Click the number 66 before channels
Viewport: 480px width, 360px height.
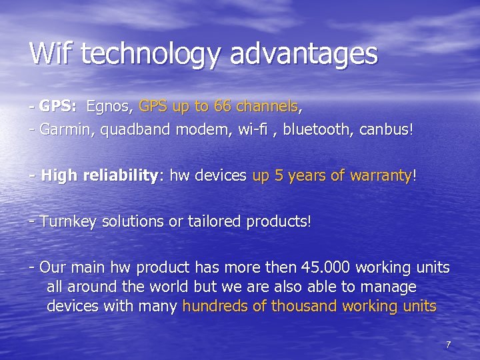pyautogui.click(x=224, y=106)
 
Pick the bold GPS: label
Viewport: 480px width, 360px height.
pyautogui.click(x=59, y=106)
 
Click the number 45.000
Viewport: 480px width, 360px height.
pyautogui.click(x=325, y=268)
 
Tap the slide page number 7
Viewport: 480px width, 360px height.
pyautogui.click(x=448, y=345)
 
